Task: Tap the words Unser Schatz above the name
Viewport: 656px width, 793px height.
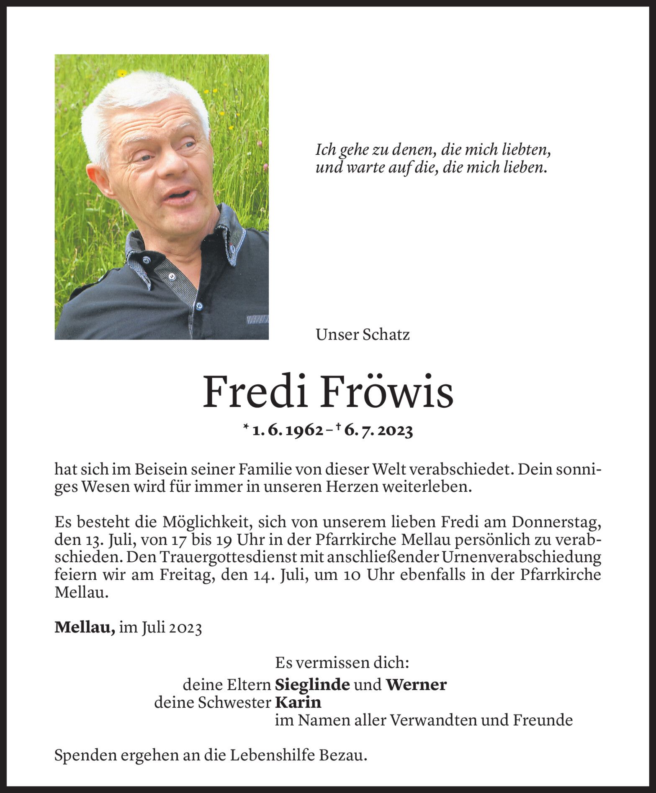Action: pyautogui.click(x=363, y=335)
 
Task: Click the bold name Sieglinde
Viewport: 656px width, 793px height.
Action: pyautogui.click(x=312, y=685)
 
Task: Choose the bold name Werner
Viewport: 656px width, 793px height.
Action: pyautogui.click(x=416, y=685)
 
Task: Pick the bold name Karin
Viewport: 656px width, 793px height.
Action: pyautogui.click(x=298, y=702)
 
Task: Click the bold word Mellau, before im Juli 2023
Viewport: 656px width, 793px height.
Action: pyautogui.click(x=85, y=627)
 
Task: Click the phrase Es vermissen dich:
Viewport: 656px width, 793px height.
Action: pyautogui.click(x=342, y=663)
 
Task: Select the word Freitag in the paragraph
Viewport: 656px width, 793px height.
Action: pyautogui.click(x=183, y=575)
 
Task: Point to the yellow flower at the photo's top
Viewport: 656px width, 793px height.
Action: pyautogui.click(x=122, y=74)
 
